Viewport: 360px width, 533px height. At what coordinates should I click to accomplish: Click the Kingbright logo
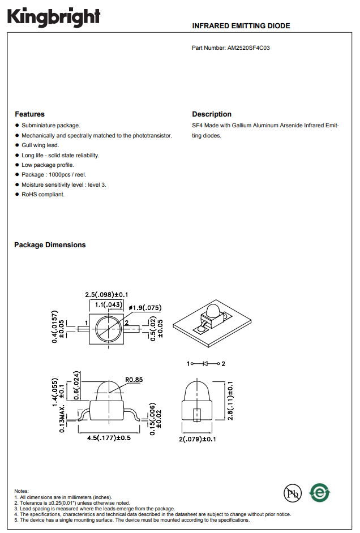tap(54, 17)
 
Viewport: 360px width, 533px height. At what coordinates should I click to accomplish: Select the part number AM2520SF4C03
tap(248, 48)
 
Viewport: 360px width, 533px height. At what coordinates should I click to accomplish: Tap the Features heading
tap(29, 114)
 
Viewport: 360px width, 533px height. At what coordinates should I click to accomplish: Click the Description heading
tap(212, 114)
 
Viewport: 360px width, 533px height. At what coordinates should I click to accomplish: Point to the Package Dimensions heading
tap(50, 245)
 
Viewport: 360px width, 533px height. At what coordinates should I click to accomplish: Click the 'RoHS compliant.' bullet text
tap(43, 195)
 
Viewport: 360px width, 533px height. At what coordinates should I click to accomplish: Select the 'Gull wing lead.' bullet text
tap(40, 145)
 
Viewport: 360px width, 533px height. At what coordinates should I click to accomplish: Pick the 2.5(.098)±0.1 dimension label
tap(106, 295)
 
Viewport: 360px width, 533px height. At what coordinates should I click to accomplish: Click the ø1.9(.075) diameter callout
tap(145, 308)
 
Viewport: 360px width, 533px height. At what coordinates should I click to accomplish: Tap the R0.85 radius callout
tap(134, 380)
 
